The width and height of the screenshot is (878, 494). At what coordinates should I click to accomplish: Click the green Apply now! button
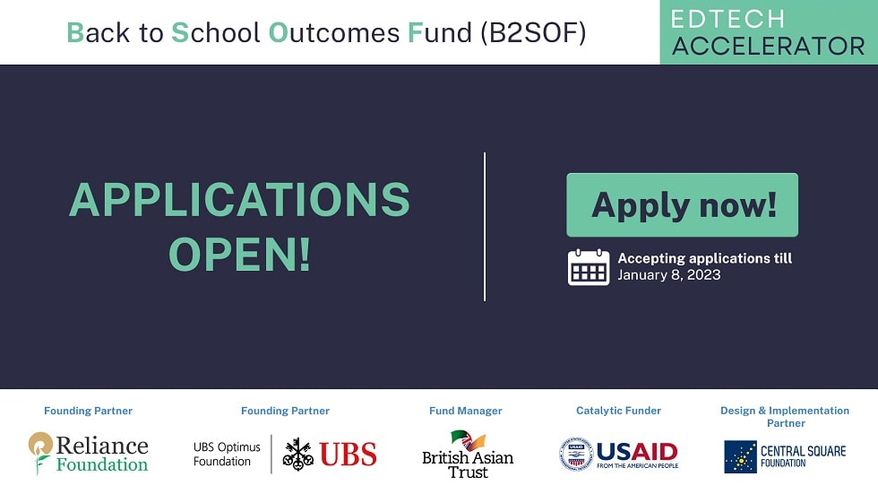tap(682, 205)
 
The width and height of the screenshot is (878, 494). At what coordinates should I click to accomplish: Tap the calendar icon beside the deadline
tap(589, 266)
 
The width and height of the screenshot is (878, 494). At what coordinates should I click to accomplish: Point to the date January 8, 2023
tap(668, 275)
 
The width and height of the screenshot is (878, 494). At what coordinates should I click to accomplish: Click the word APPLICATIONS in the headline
tap(239, 200)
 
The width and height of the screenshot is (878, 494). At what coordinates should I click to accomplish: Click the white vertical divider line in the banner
tap(485, 226)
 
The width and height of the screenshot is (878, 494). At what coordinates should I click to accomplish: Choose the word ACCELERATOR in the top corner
tap(768, 46)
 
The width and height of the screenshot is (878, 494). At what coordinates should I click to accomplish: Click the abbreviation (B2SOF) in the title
tap(533, 32)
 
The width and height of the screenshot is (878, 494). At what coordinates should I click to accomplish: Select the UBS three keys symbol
tap(297, 454)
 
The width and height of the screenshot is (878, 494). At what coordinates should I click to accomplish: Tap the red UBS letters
tap(348, 455)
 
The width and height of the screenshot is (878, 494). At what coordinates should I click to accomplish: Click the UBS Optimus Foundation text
tap(227, 454)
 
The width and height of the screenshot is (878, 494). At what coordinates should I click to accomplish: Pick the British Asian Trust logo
tap(468, 454)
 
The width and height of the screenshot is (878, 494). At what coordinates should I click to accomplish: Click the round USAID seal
tap(576, 454)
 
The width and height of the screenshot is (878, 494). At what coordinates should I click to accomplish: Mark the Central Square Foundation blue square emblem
tap(740, 456)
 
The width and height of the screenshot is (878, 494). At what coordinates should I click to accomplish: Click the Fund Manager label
tap(465, 411)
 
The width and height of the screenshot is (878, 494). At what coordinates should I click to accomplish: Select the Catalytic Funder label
tap(618, 411)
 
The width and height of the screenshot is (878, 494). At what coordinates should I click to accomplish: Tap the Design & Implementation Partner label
tap(785, 416)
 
